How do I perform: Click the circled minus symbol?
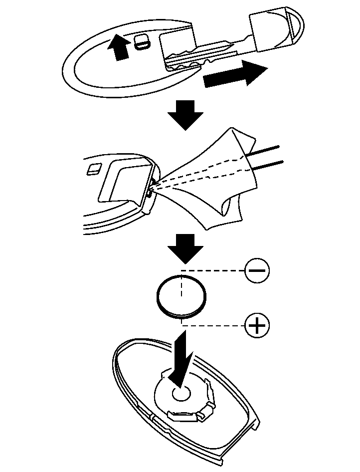pyautogui.click(x=257, y=270)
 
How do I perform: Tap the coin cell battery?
pyautogui.click(x=180, y=296)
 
